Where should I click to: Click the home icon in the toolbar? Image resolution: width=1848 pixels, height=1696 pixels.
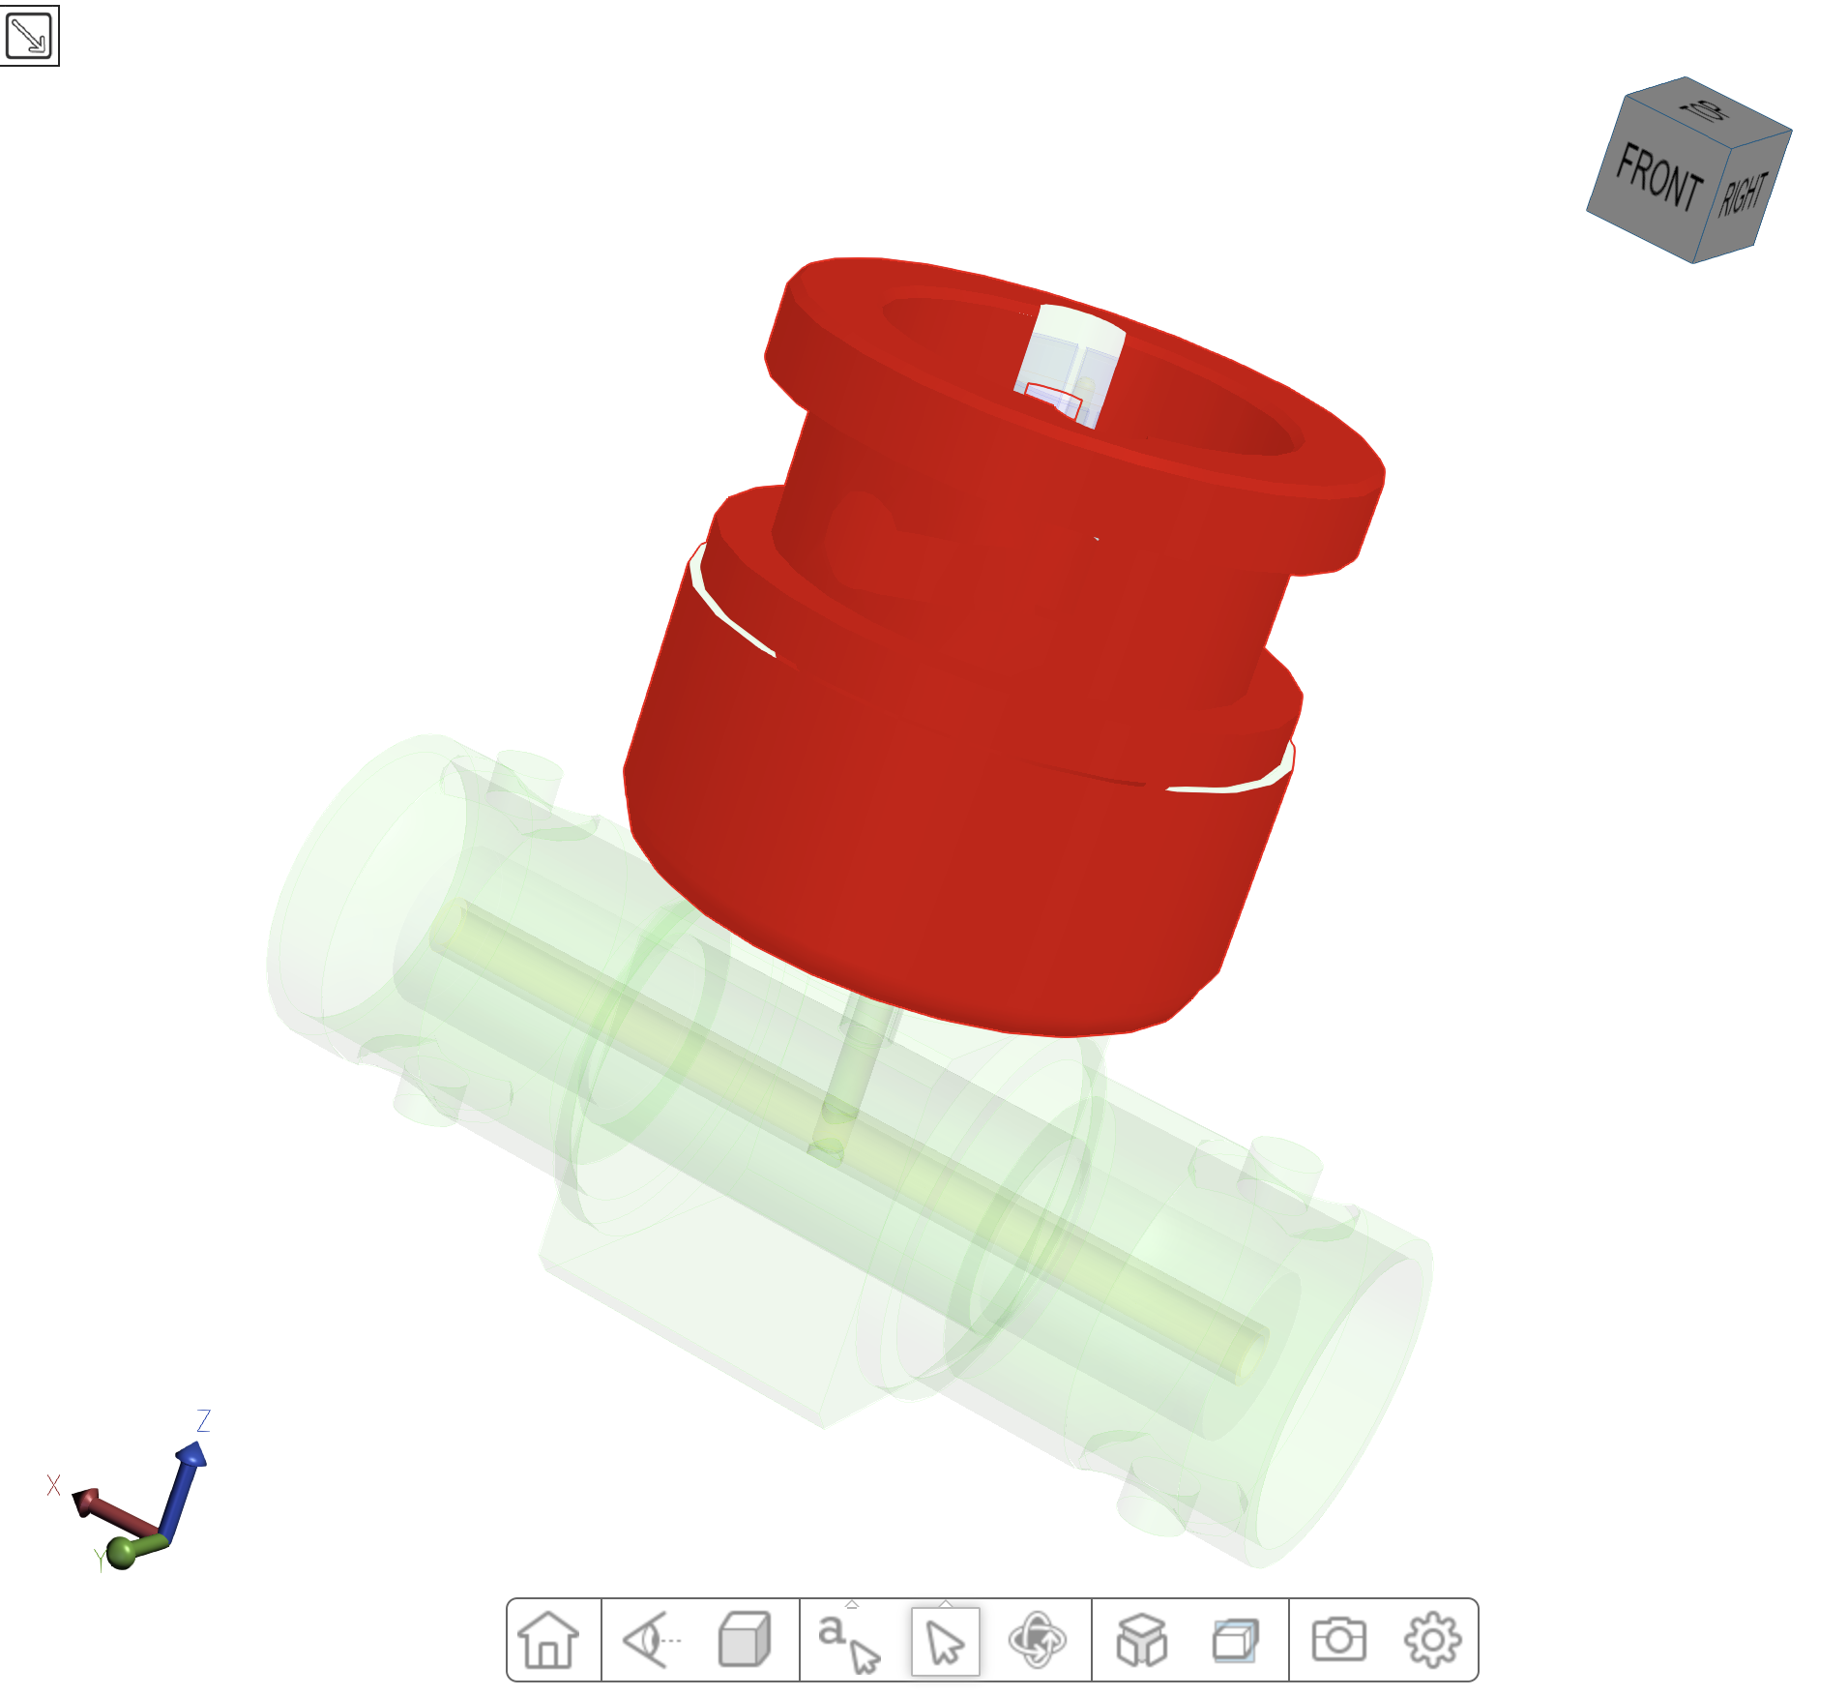pos(548,1640)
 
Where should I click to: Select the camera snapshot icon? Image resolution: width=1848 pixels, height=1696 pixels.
pos(1338,1640)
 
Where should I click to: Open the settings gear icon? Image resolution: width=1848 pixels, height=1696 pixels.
pos(1431,1640)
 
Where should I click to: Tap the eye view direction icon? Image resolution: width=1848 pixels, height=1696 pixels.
pos(651,1640)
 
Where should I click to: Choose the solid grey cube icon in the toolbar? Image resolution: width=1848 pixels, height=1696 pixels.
pos(744,1640)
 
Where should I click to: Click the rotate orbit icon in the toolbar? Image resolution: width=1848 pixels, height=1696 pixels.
pos(1037,1640)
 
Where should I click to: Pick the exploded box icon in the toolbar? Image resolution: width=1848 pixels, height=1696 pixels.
pos(1141,1640)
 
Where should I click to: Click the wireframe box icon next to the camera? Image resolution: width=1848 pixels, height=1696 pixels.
pos(1235,1640)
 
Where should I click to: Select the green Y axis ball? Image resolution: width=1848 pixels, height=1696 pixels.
pos(124,1552)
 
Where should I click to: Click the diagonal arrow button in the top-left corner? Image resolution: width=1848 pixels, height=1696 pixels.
pos(29,36)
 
